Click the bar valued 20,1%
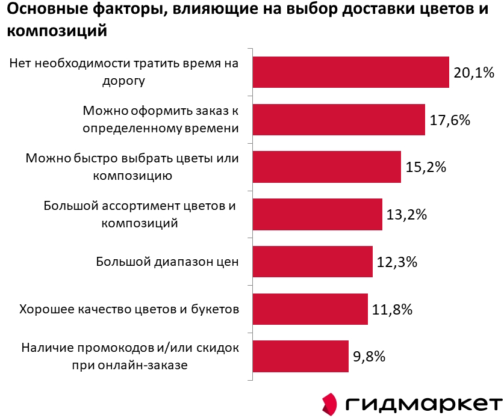pos(350,72)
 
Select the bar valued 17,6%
pos(338,119)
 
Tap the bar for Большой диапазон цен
pos(313,262)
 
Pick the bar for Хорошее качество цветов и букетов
pos(310,309)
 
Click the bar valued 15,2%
pos(326,167)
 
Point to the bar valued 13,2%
pos(317,214)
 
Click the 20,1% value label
pos(474,73)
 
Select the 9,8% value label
pos(369,357)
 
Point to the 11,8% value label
pos(392,310)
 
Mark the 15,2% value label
pos(426,167)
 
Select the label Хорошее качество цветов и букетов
pos(129,310)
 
